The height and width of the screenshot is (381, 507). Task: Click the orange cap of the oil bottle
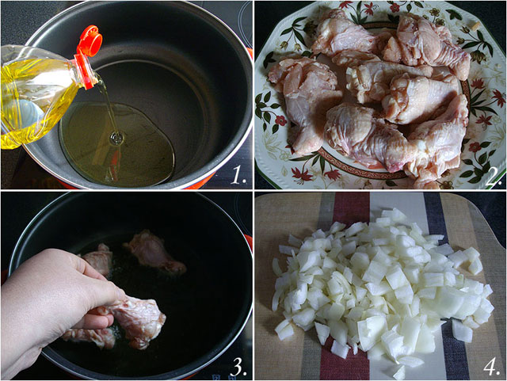coord(90,41)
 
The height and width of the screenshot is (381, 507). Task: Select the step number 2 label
coord(493,178)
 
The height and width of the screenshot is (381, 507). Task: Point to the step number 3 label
coord(238,367)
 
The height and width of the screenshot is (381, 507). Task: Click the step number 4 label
coord(492,367)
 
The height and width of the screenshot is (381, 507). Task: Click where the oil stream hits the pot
coord(116,139)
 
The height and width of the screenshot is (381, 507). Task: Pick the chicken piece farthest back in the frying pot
coord(155,250)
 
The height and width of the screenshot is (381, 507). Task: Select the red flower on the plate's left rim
coord(280,120)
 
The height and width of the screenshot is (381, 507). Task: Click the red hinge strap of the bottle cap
coord(85,72)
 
